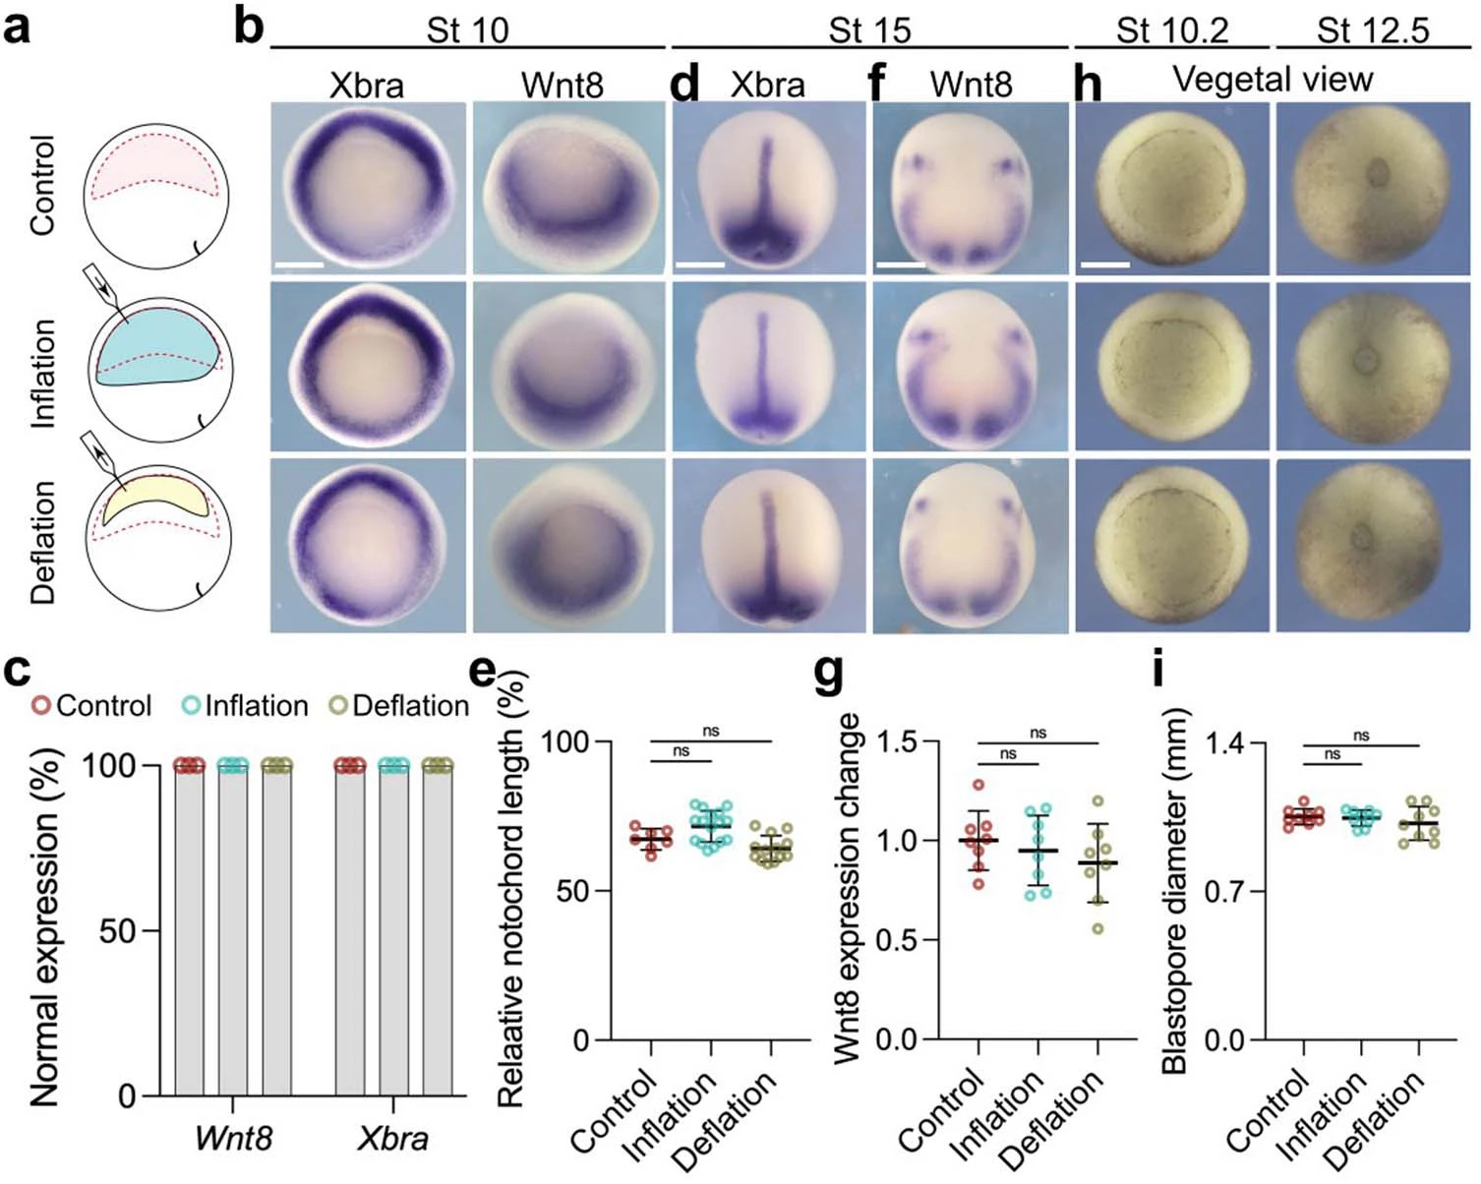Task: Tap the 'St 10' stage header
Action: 467,30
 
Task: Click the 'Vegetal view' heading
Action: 1273,79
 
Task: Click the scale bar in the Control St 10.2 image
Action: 1104,265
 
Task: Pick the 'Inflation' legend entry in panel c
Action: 246,706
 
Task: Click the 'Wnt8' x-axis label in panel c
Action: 233,1138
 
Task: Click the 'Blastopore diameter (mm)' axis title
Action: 1175,890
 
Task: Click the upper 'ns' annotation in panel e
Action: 711,731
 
